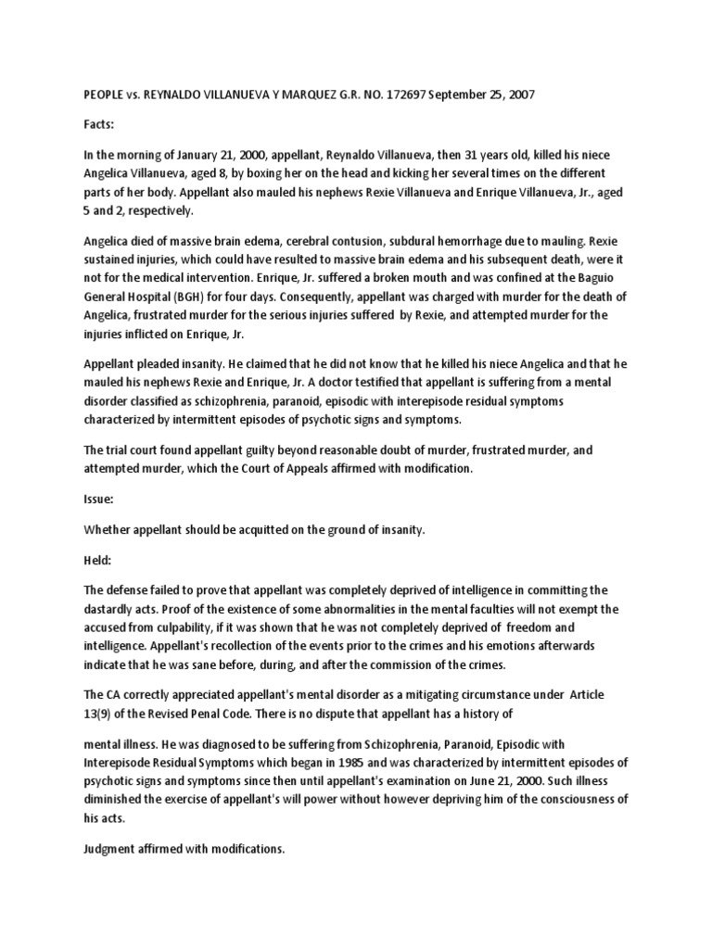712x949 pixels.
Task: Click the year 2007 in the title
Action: [519, 95]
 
